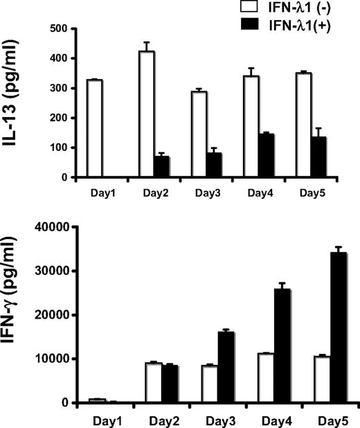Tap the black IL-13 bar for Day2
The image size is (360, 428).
pos(162,167)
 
